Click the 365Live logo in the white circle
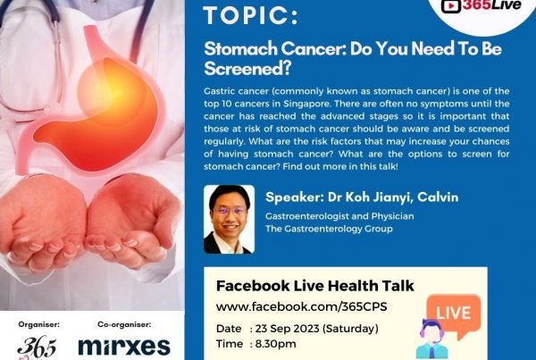481,6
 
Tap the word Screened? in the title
247,69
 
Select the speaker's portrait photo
229,219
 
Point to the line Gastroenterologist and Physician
339,216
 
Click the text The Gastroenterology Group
329,229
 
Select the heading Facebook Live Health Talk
314,286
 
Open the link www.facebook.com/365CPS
302,306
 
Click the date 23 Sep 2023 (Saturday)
317,329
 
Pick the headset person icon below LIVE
432,339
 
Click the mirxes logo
124,347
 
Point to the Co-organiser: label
124,324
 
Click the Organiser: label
39,324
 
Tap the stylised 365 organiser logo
37,348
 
